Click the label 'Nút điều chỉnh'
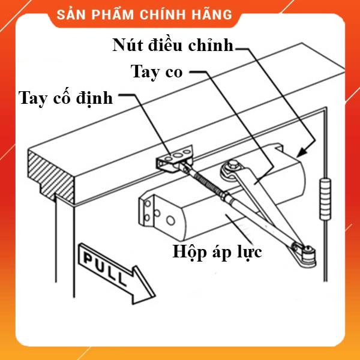173,45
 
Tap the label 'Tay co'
157,72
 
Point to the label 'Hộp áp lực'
217,252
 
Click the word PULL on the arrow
105,269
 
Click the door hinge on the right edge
325,199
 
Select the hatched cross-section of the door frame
51,175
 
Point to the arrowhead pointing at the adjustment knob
304,152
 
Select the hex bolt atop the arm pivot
233,164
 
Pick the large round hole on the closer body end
170,221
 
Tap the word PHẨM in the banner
113,14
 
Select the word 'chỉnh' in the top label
211,45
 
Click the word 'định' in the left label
94,99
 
